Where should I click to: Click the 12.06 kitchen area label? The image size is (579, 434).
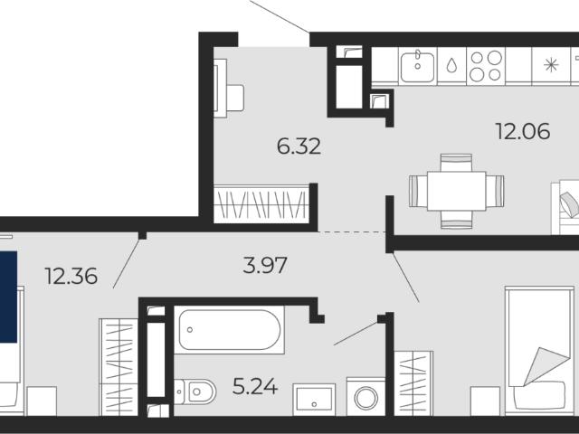tap(523, 131)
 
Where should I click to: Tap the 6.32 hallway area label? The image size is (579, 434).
tap(299, 146)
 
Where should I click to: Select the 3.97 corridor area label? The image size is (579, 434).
tap(265, 265)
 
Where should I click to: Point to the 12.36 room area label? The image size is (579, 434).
tap(71, 276)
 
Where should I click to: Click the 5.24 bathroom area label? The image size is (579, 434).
tap(255, 386)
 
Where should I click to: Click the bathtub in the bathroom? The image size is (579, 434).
tap(229, 329)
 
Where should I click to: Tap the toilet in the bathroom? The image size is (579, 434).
tap(195, 392)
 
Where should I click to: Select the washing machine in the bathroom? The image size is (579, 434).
tap(365, 396)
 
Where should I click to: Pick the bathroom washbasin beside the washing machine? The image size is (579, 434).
tap(314, 400)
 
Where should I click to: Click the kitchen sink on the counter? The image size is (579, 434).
tap(418, 66)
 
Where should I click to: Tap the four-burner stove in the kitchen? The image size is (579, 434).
tap(486, 66)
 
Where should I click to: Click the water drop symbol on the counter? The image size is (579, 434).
tap(451, 65)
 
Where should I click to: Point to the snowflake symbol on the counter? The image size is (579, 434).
tap(551, 65)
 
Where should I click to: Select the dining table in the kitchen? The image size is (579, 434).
tap(456, 191)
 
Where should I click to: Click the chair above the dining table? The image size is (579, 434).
tap(456, 163)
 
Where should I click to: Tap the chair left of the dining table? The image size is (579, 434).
tap(418, 191)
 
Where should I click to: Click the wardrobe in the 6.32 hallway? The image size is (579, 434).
tap(261, 204)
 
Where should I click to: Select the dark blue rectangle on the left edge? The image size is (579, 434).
tap(8, 297)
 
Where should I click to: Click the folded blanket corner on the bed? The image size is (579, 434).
tap(546, 366)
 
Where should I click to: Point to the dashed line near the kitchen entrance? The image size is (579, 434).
tap(352, 232)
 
